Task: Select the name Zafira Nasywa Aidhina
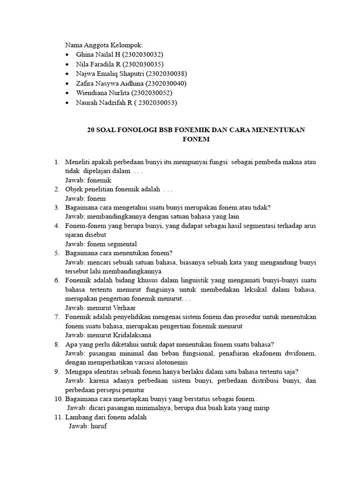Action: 110,83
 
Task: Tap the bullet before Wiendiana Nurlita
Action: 68,93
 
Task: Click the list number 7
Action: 56,317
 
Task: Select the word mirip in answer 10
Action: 260,408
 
